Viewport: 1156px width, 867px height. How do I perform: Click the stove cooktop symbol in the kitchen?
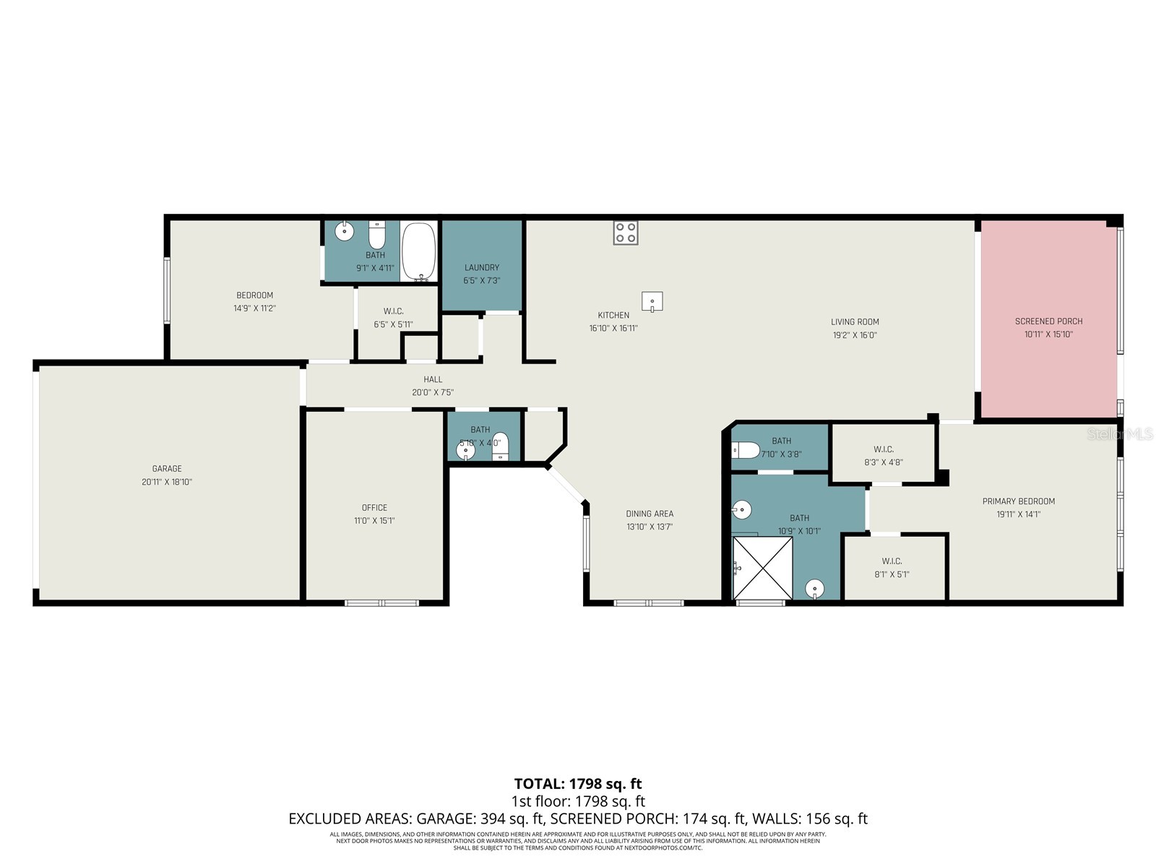(x=626, y=233)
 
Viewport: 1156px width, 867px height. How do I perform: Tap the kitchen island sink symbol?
(x=652, y=301)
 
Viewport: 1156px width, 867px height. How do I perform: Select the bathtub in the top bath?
(x=419, y=251)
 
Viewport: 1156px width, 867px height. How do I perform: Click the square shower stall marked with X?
(x=762, y=567)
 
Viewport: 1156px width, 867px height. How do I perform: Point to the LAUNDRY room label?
(x=482, y=267)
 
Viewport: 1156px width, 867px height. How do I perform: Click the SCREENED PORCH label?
(x=1048, y=322)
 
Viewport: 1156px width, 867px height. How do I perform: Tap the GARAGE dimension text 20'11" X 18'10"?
(x=167, y=482)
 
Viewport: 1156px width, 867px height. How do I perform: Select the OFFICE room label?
(x=374, y=507)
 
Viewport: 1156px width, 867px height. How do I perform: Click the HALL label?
(x=433, y=379)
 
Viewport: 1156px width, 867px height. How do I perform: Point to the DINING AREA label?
(x=650, y=514)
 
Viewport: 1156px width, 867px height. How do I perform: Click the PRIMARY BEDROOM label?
(x=1018, y=501)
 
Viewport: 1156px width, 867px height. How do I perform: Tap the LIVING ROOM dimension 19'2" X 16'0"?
(x=854, y=335)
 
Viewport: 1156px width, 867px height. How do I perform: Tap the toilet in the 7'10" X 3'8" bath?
(x=745, y=451)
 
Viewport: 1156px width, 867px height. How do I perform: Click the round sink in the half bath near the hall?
(x=466, y=450)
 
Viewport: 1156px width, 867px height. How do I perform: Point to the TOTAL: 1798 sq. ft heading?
(x=578, y=784)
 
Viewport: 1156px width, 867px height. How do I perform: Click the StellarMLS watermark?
(x=1119, y=434)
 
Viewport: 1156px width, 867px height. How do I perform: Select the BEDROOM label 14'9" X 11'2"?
(x=254, y=295)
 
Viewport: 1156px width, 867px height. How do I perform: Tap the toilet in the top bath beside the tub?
(x=376, y=235)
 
